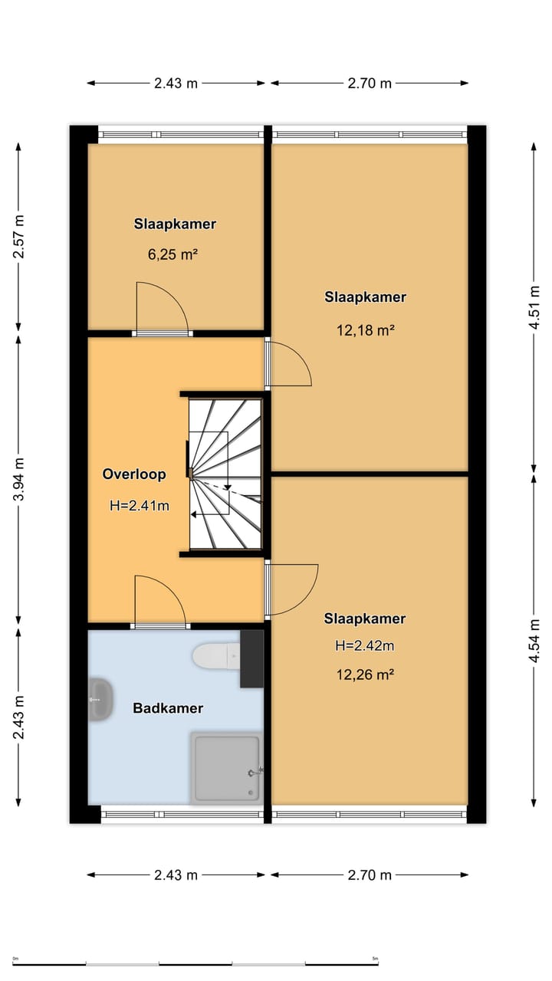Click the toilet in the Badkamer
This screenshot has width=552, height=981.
216,656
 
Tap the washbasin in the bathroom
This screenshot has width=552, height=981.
101,700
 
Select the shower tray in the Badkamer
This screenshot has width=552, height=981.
226,768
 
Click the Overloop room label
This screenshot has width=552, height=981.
134,474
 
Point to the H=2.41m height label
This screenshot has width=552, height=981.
140,506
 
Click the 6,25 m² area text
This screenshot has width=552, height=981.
172,254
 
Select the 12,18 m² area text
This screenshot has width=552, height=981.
366,330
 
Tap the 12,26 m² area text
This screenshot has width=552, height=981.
366,674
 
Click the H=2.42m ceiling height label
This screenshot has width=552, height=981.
365,645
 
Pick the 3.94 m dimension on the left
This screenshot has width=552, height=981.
19,479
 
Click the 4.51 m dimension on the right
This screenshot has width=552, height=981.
534,307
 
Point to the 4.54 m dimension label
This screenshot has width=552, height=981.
534,641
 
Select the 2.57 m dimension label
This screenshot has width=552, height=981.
19,237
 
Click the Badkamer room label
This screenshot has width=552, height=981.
168,708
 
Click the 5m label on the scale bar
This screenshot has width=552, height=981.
375,959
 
